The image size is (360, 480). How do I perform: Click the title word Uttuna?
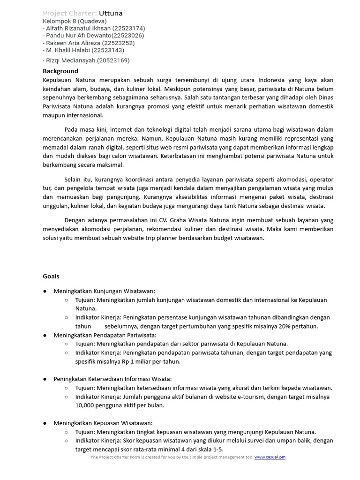pyautogui.click(x=111, y=13)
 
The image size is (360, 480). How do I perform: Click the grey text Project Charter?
pyautogui.click(x=69, y=13)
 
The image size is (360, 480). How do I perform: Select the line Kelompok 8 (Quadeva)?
pyautogui.click(x=75, y=21)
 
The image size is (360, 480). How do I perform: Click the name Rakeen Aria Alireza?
pyautogui.click(x=74, y=43)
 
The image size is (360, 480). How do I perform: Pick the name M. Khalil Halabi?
pyautogui.click(x=67, y=50)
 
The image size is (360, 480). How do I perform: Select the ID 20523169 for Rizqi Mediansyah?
pyautogui.click(x=111, y=60)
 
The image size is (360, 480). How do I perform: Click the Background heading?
pyautogui.click(x=60, y=71)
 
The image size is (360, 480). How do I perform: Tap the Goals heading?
pyautogui.click(x=51, y=276)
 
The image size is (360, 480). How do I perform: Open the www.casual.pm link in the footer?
pyautogui.click(x=270, y=457)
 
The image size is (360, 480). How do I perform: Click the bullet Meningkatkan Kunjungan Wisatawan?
pyautogui.click(x=104, y=291)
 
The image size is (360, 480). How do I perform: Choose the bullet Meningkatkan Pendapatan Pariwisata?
pyautogui.click(x=105, y=335)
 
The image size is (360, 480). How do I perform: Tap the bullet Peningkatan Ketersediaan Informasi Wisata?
pyautogui.click(x=112, y=379)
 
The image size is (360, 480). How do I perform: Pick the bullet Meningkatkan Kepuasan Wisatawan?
pyautogui.click(x=103, y=423)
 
